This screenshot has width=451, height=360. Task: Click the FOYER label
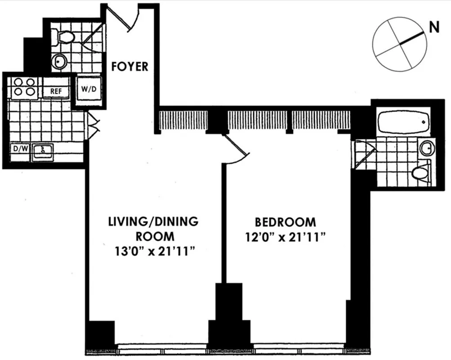point(129,67)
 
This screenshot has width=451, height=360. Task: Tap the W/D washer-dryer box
point(89,89)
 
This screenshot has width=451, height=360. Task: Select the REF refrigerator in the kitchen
point(56,91)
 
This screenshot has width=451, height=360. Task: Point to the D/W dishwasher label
point(19,149)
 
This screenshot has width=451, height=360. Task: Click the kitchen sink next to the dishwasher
point(42,151)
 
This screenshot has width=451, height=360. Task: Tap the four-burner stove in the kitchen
point(24,86)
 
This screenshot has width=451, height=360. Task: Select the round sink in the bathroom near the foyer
point(59,62)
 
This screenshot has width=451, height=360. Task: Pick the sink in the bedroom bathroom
point(426,147)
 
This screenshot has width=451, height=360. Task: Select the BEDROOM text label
point(285,222)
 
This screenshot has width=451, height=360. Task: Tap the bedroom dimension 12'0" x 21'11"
point(285,237)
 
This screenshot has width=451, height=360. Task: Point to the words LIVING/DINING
point(153,222)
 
